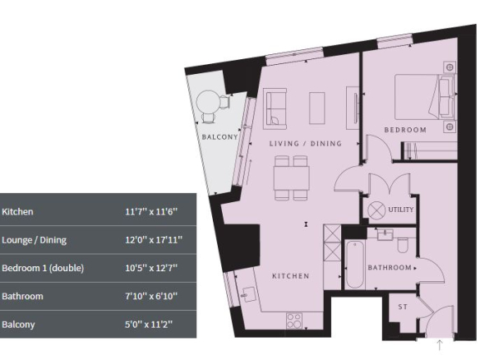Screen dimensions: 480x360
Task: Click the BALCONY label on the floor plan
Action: tap(219, 136)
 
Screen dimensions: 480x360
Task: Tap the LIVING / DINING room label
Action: tap(305, 143)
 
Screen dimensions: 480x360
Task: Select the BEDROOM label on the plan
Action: tap(405, 130)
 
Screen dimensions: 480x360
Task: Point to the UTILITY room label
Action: tap(401, 210)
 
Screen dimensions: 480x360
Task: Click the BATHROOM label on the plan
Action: tap(390, 268)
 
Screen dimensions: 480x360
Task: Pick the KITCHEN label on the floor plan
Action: tap(290, 276)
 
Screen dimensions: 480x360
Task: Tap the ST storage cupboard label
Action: tap(403, 307)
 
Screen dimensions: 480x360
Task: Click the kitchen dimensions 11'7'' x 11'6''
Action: tap(151, 211)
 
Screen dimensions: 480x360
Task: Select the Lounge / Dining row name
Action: tap(34, 240)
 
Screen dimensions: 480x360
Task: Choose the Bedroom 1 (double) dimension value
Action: tap(151, 268)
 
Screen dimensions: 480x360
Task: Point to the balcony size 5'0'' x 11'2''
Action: tap(149, 324)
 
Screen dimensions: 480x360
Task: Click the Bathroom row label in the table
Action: tap(22, 297)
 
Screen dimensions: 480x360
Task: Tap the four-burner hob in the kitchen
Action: tap(294, 321)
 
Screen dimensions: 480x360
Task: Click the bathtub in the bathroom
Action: tap(355, 265)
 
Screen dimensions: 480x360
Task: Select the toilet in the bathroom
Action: tap(403, 246)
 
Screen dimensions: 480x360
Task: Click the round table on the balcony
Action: tap(208, 102)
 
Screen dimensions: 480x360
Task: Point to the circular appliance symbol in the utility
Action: tap(376, 210)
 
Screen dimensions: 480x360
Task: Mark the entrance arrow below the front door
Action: tap(440, 344)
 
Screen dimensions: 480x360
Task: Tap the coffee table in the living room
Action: tap(316, 108)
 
